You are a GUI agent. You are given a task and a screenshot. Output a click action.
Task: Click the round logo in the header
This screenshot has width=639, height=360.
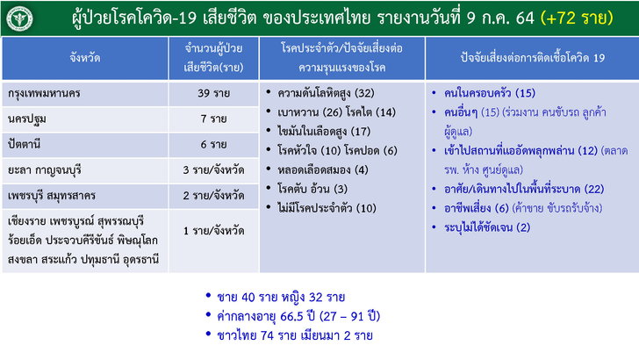pyautogui.click(x=19, y=18)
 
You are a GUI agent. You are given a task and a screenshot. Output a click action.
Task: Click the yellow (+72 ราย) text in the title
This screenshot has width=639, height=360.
pyautogui.click(x=577, y=18)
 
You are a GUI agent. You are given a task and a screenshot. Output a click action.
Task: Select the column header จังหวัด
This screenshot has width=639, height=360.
pyautogui.click(x=85, y=58)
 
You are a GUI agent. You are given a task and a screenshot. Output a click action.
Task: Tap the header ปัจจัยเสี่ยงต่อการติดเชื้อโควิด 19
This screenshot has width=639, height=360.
pyautogui.click(x=532, y=58)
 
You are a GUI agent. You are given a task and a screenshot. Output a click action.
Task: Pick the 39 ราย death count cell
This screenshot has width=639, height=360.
pyautogui.click(x=213, y=93)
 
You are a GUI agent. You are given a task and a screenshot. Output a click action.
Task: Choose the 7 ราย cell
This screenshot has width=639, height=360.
pyautogui.click(x=213, y=119)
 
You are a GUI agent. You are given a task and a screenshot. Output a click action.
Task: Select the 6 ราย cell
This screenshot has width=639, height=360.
pyautogui.click(x=213, y=145)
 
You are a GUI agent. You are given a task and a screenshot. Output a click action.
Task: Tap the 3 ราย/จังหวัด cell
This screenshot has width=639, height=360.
pyautogui.click(x=213, y=170)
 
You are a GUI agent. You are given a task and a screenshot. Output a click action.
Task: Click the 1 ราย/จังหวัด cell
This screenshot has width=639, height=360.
pyautogui.click(x=213, y=231)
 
